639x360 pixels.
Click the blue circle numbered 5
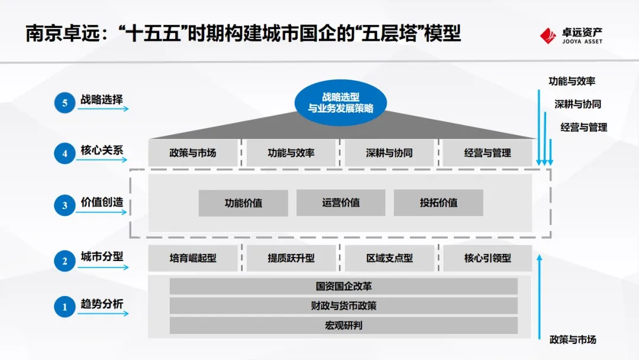65,102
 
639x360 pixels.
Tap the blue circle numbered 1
65,307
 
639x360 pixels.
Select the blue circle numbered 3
65,205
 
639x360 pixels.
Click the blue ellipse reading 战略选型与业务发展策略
340,102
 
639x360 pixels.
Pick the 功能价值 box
243,203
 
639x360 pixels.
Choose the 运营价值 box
341,202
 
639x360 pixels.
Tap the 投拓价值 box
438,202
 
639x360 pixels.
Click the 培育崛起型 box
193,258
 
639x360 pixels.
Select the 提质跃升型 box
291,258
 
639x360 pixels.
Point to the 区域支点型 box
389,258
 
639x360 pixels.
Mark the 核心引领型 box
488,258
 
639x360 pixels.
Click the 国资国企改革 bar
344,287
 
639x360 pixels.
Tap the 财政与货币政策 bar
344,306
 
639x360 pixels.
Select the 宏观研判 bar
344,325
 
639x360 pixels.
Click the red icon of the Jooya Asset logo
548,36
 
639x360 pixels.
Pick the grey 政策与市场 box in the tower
193,153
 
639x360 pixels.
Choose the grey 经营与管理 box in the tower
488,153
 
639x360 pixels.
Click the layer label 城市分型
102,257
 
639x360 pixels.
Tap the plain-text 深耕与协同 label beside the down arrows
577,104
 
